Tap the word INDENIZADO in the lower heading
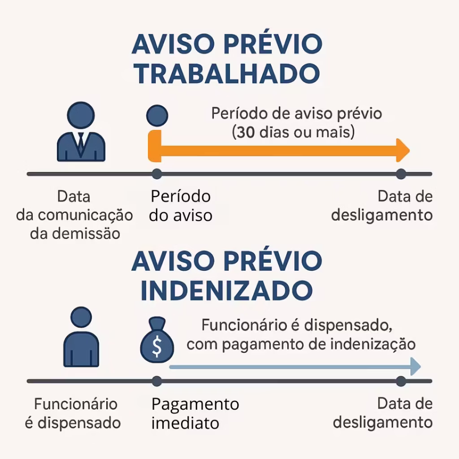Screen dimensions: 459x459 [x=227, y=290]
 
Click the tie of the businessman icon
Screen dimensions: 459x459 [x=81, y=143]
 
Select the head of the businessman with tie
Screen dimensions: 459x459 [x=81, y=115]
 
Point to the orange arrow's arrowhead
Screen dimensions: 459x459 [x=403, y=151]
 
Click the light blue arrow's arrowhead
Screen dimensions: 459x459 [x=416, y=367]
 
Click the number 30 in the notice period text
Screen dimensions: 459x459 [x=246, y=132]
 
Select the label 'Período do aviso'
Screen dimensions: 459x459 [x=181, y=206]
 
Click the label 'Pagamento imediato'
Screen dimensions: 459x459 [x=195, y=413]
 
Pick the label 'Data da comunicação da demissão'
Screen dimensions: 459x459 [x=75, y=215]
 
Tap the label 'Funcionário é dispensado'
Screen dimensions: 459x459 [x=73, y=413]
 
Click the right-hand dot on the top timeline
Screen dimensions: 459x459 [x=401, y=174]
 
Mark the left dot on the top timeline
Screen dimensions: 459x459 [x=157, y=174]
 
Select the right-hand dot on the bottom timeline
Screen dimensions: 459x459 [x=401, y=381]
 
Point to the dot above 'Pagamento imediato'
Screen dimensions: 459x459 [x=157, y=381]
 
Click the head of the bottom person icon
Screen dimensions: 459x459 [x=81, y=317]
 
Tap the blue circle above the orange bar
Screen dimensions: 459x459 [x=157, y=116]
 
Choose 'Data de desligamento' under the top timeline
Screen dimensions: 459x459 [x=382, y=205]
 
